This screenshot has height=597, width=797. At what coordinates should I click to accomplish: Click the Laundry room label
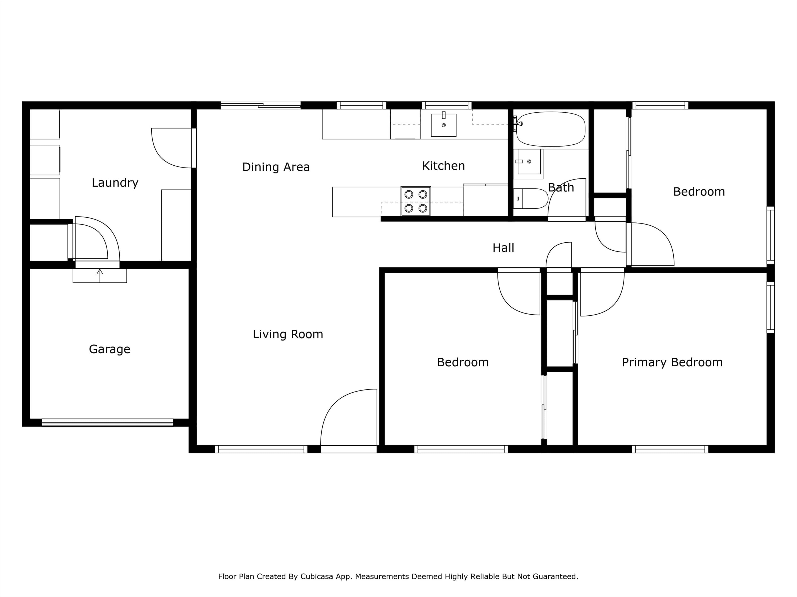115,183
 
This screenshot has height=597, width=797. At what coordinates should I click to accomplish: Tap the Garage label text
109,349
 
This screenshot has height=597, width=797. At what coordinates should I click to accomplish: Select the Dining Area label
276,167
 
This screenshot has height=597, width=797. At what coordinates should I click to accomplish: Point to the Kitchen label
443,166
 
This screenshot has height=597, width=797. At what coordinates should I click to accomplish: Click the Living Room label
288,334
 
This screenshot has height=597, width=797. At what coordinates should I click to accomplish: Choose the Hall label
503,248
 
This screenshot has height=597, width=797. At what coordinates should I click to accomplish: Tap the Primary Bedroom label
672,362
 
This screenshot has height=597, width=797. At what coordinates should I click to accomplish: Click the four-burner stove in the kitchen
416,201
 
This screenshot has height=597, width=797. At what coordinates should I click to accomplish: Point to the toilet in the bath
531,199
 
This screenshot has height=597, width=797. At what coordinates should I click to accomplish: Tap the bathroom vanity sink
529,162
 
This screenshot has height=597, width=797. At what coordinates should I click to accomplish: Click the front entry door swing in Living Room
348,418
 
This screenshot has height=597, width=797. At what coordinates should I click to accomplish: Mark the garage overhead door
108,423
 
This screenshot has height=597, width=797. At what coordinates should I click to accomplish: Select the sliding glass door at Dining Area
260,105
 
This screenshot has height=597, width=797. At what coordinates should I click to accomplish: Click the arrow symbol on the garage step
100,276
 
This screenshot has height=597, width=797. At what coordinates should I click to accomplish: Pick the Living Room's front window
261,449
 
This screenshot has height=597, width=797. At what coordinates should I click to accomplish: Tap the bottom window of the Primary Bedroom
670,449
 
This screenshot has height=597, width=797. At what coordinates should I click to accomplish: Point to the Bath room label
561,187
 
